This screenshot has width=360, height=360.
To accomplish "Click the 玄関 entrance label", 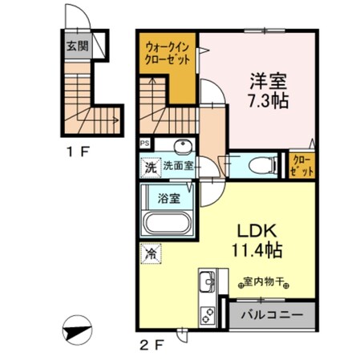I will point(78,47).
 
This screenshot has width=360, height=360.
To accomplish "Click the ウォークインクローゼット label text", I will point(168,53).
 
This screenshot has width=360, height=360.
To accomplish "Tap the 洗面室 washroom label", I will point(179,167).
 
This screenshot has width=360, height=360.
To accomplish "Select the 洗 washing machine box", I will point(150,168).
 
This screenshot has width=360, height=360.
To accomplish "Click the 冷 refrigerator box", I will point(150,253).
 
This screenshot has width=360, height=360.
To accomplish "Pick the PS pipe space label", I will point(145,144).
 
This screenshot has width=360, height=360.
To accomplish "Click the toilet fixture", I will point(260,165).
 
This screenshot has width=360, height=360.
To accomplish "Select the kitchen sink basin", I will point(204,282).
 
